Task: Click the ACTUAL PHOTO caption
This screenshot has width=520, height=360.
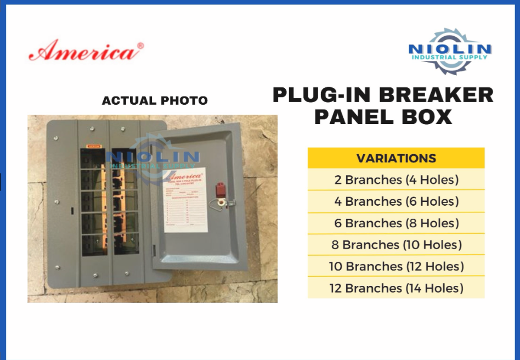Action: click(x=155, y=100)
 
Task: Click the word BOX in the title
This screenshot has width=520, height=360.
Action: click(x=427, y=117)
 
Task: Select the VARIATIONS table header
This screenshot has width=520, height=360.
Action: click(x=396, y=159)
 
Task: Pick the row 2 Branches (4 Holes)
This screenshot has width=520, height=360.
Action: click(x=396, y=179)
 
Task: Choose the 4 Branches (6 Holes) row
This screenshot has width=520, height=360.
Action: click(x=396, y=201)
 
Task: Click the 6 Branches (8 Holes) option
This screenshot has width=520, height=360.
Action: click(x=396, y=223)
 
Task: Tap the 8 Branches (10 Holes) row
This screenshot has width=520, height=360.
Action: click(x=396, y=245)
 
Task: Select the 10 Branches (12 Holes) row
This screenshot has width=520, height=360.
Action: click(x=396, y=266)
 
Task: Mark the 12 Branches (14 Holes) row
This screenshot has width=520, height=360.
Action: click(x=396, y=288)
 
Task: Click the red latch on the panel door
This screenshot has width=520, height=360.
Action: click(x=221, y=189)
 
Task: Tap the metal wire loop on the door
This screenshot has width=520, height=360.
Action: click(x=222, y=204)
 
